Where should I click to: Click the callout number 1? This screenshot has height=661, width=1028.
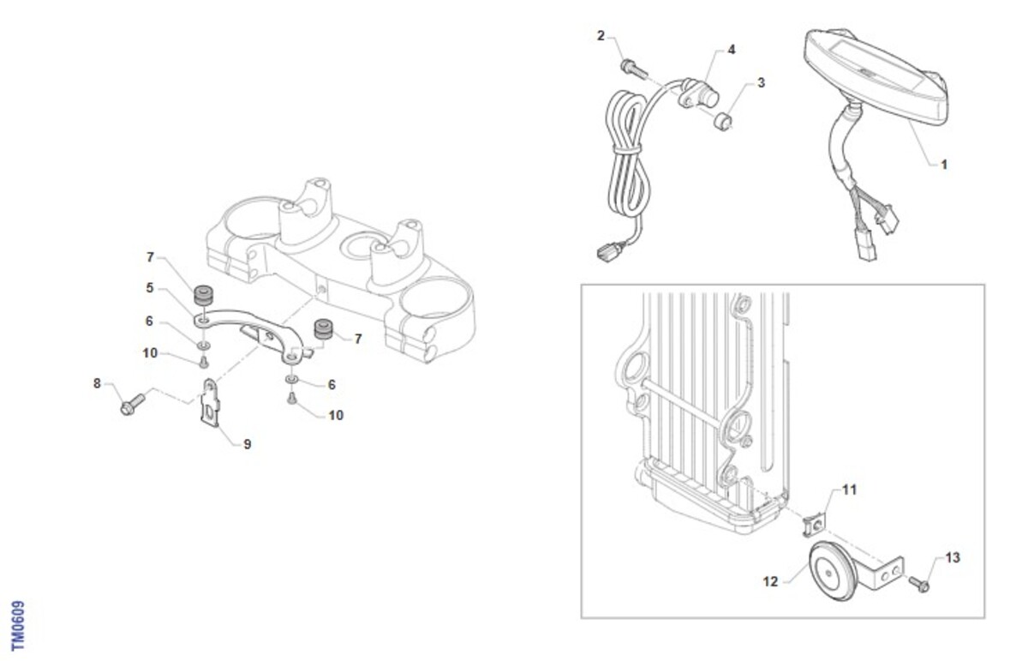[944, 165]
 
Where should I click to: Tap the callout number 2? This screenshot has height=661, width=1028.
[601, 35]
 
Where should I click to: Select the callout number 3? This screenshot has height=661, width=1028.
[761, 82]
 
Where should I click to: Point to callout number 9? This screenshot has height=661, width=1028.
[248, 444]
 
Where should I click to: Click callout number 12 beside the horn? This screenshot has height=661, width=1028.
[770, 581]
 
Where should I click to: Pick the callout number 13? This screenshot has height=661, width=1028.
[953, 557]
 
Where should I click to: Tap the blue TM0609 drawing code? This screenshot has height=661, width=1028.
[18, 625]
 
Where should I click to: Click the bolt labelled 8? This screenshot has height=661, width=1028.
[132, 404]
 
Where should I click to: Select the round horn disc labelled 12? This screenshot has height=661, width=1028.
[831, 572]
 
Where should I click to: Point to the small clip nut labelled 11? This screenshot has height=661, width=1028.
[814, 525]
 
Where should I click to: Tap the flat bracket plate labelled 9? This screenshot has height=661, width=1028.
[211, 403]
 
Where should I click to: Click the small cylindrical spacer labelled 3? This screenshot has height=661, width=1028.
[722, 121]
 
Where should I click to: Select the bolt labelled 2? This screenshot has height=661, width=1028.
[634, 69]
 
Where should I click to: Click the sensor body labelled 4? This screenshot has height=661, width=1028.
[698, 94]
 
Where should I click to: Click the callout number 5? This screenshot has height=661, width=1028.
[150, 288]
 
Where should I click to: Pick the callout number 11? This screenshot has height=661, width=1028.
[850, 490]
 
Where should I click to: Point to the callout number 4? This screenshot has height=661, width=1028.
[732, 50]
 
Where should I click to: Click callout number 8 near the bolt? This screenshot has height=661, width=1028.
[97, 383]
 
